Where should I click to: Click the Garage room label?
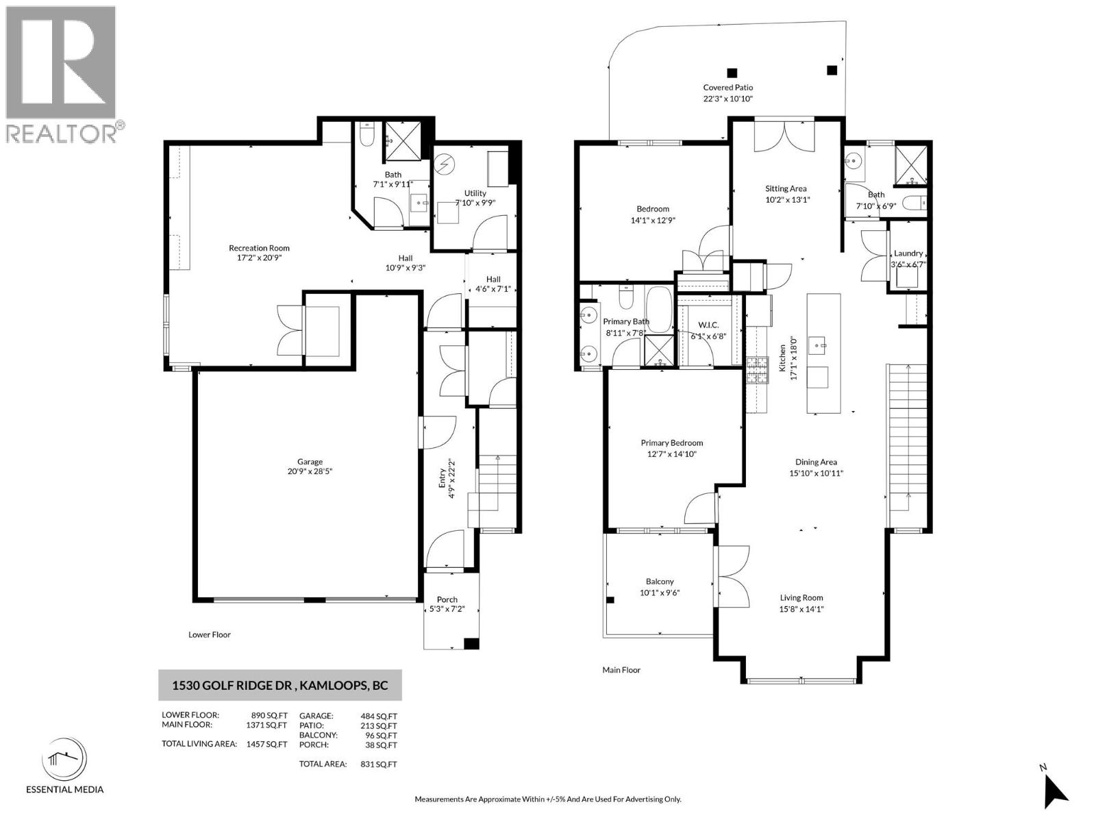tap(310, 462)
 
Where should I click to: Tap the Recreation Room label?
tap(259, 248)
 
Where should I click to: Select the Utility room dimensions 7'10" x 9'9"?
tap(475, 203)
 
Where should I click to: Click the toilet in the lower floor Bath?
tap(366, 134)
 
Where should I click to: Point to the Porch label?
tap(447, 599)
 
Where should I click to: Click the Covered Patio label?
tap(727, 88)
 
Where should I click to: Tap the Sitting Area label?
tap(786, 188)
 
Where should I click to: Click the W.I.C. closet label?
tap(708, 325)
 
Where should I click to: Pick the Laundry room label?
tap(908, 253)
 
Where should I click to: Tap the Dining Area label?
tap(816, 462)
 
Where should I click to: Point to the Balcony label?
tap(659, 582)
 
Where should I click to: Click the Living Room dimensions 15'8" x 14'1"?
tap(801, 608)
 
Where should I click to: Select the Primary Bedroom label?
tap(671, 443)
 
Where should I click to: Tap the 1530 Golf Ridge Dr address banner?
tap(279, 685)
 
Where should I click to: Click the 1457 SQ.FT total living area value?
tap(266, 744)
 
